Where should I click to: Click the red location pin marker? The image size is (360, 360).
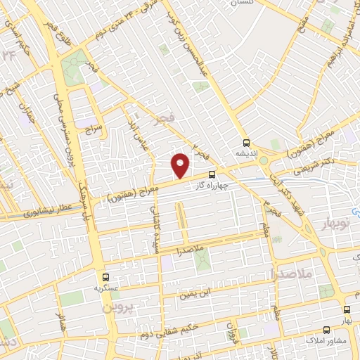(x=181, y=165)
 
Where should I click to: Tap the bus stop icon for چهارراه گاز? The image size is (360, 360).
(x=213, y=175)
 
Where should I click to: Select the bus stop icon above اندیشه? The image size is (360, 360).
(x=247, y=141)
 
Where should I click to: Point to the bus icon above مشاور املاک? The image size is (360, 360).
(x=326, y=329)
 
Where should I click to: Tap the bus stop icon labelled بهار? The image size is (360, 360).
(x=347, y=309)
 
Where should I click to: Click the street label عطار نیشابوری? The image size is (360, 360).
(x=42, y=209)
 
